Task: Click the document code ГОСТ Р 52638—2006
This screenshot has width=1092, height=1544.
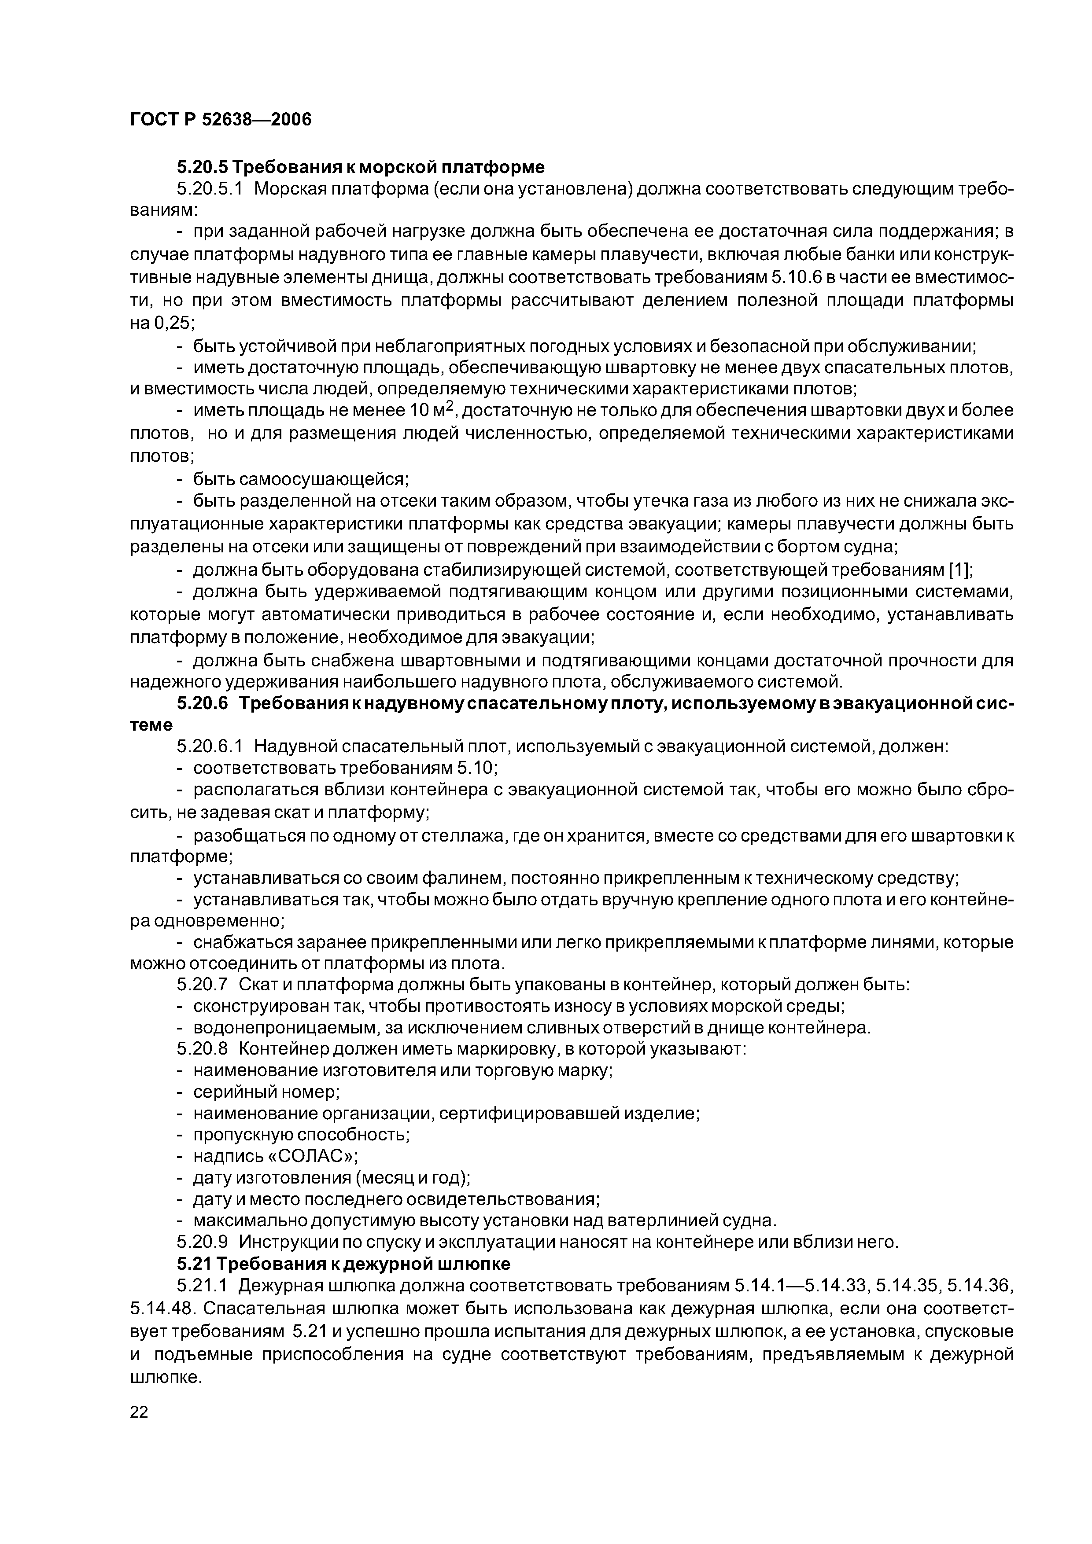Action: tap(221, 120)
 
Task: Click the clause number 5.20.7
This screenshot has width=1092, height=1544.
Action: tap(203, 985)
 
